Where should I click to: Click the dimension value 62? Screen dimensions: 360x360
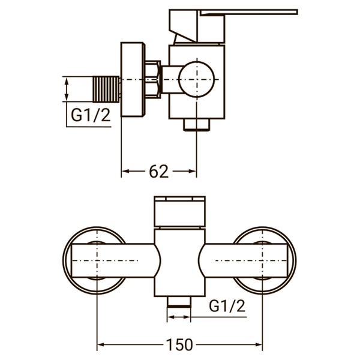(x=158, y=172)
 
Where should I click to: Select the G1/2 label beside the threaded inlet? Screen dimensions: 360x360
(x=90, y=116)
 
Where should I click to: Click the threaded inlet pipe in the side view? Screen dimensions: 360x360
(x=109, y=88)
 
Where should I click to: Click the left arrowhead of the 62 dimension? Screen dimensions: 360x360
(x=126, y=172)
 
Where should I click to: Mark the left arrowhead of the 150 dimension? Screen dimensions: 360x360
(x=101, y=345)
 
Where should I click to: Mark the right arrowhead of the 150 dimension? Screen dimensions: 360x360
(x=259, y=345)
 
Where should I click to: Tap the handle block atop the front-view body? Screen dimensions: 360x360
(x=179, y=211)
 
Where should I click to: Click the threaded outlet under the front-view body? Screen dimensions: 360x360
(x=179, y=302)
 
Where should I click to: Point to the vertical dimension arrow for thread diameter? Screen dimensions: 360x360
(x=67, y=89)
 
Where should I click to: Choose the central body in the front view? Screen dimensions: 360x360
(x=179, y=261)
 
